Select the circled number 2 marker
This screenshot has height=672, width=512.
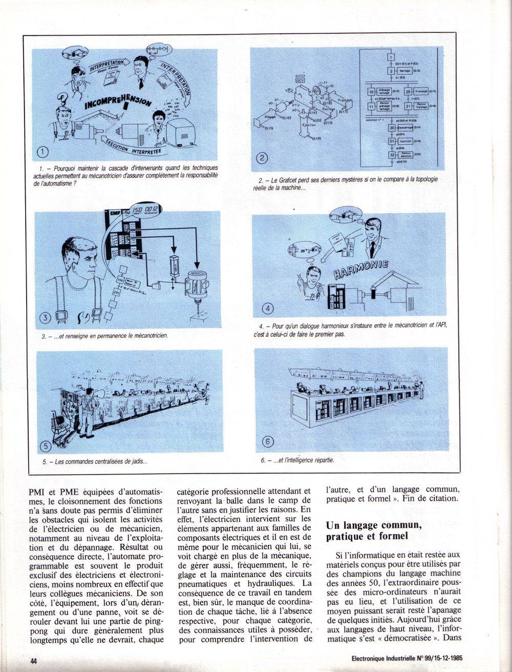coord(260,158)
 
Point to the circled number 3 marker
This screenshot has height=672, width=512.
coord(46,317)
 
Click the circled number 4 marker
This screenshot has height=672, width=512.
coord(271,308)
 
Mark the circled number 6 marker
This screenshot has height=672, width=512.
coord(267,442)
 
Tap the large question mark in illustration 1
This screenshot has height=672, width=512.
coord(63,97)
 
